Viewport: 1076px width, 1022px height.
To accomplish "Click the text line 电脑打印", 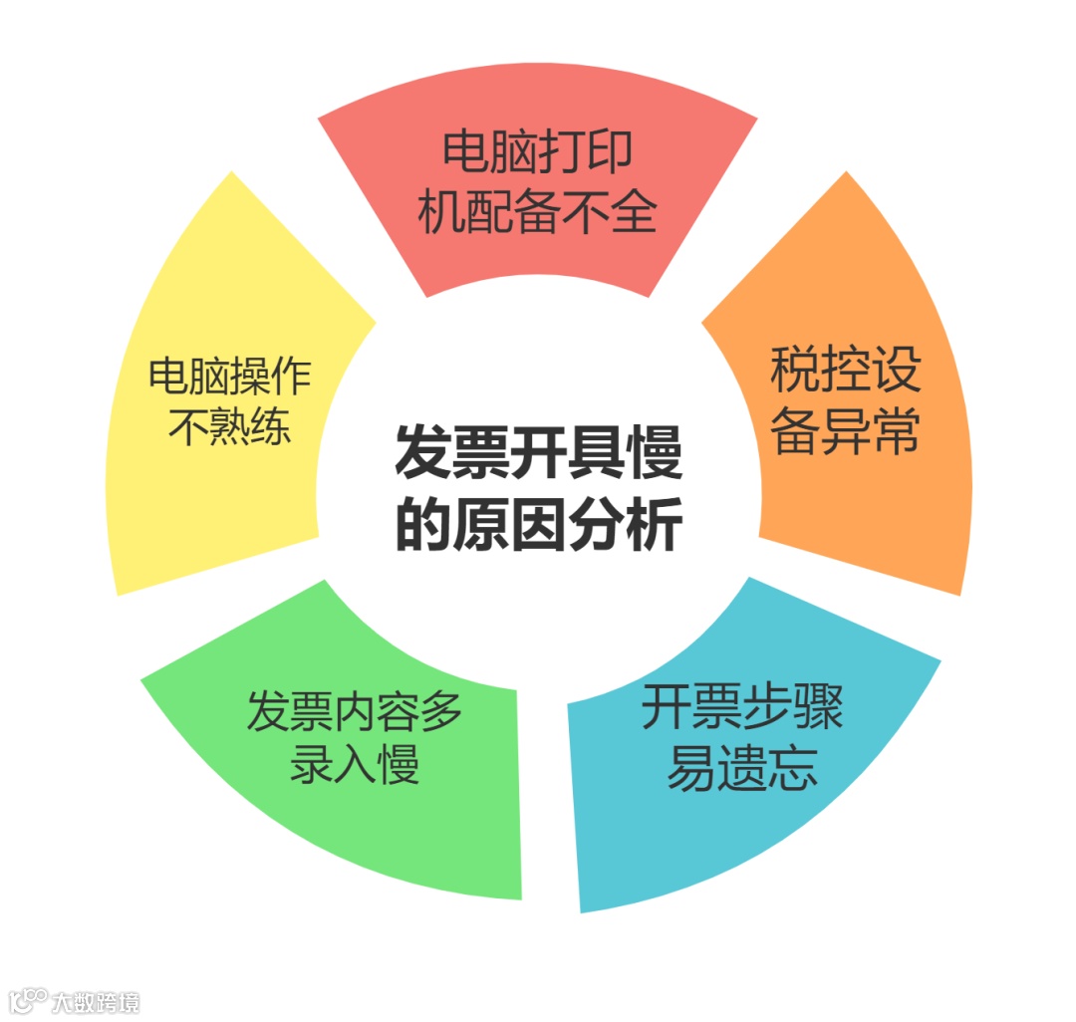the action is tap(538, 154).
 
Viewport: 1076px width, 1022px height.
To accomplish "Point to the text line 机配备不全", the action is tap(538, 212).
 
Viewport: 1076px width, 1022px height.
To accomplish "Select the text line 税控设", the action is tap(845, 371).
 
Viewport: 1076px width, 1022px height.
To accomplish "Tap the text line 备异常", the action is tap(845, 430).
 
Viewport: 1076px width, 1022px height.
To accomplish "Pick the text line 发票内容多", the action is tap(355, 713).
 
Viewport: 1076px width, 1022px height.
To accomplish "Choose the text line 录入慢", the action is tap(355, 767).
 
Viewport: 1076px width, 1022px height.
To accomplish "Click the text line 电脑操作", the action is tap(229, 376).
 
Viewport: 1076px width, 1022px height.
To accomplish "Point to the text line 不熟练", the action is tap(229, 428).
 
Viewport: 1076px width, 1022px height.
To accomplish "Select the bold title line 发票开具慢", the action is tap(538, 455).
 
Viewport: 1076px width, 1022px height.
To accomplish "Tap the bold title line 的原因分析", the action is tap(538, 525).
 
